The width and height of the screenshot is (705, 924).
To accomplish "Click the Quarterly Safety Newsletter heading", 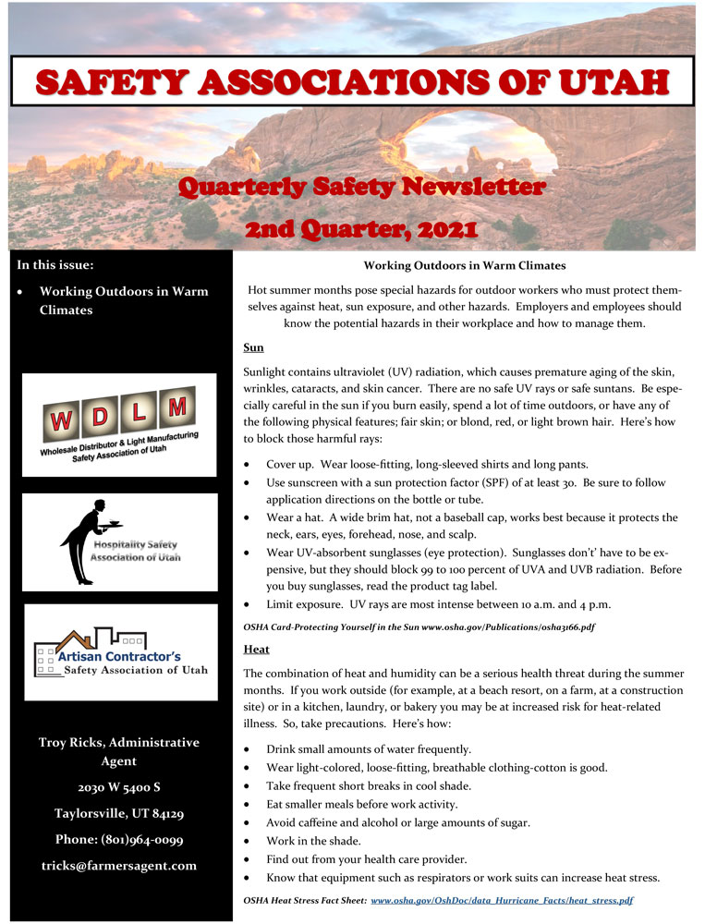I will (361, 188).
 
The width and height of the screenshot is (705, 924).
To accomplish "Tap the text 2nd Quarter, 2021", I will (361, 226).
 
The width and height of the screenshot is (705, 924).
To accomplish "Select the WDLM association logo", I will (119, 424).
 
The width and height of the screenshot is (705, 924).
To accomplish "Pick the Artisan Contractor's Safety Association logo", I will (120, 651).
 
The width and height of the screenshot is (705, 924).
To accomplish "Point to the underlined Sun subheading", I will (253, 348).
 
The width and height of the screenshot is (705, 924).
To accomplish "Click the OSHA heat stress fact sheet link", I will (502, 899).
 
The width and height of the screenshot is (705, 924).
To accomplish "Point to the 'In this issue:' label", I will (55, 265).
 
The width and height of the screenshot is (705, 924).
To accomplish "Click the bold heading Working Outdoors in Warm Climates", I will (464, 266).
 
